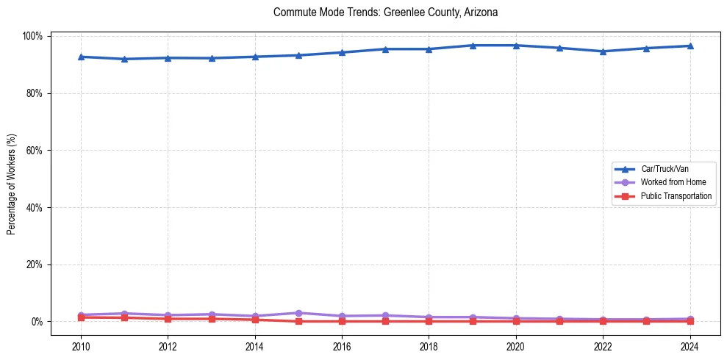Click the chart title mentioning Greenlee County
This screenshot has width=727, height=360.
pos(385,12)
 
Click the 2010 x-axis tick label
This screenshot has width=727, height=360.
pos(81,346)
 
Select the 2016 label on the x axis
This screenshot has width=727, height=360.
pos(342,346)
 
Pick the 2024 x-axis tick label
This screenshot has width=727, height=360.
pos(690,346)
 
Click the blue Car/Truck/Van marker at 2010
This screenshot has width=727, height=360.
pos(81,57)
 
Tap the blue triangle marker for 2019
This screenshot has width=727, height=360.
pos(473,46)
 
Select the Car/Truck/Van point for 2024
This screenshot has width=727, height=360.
pos(690,46)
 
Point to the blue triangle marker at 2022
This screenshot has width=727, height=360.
pos(603,51)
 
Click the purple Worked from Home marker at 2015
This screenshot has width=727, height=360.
pos(298,313)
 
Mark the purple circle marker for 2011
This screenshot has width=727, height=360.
pos(124,314)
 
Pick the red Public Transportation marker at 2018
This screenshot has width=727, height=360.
pos(429,321)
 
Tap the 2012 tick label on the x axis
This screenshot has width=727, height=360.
pos(168,346)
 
